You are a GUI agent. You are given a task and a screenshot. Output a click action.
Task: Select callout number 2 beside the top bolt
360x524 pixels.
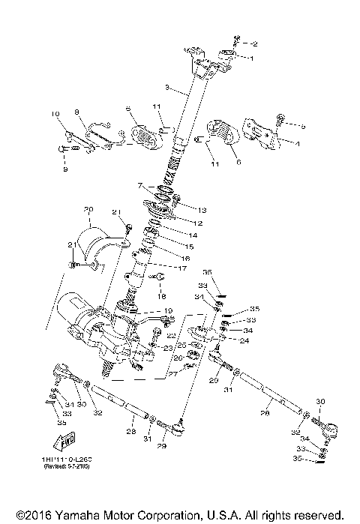(253, 43)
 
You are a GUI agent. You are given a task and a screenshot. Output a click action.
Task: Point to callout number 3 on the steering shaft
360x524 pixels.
(167, 88)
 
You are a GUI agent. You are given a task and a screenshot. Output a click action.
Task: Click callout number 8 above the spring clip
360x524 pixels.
(76, 112)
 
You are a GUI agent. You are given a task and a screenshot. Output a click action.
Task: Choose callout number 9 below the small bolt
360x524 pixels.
(64, 169)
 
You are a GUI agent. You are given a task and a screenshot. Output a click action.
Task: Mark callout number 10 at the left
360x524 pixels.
(55, 114)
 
